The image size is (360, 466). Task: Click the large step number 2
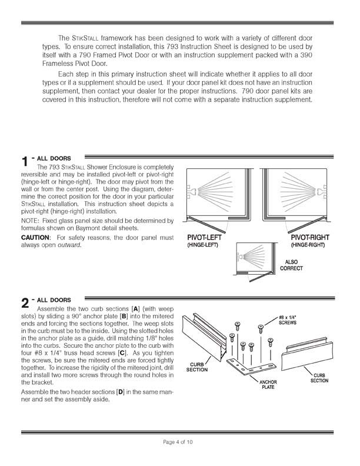pos(25,304)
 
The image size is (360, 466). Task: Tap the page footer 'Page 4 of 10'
pos(180,442)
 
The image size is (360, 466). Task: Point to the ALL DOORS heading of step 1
pos(55,158)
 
